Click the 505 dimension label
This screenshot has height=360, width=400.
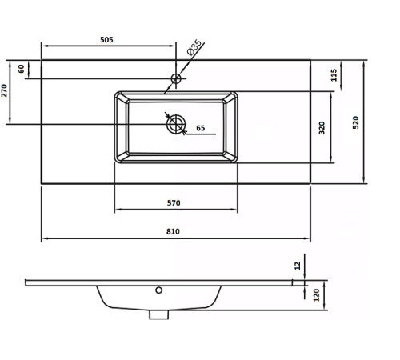pos(106,40)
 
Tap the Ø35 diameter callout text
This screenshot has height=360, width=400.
pos(194,47)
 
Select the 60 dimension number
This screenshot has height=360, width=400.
pos(22,69)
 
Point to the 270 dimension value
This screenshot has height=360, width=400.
pos(4,90)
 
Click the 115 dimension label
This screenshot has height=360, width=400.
pos(334,75)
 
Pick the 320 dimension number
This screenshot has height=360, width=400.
pos(322,128)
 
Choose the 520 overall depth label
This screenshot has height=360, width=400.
pos(356,122)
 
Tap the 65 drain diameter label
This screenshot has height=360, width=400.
pos(201,128)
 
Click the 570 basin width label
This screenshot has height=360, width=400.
pos(174,203)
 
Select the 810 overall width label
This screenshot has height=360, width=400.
pos(173,231)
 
